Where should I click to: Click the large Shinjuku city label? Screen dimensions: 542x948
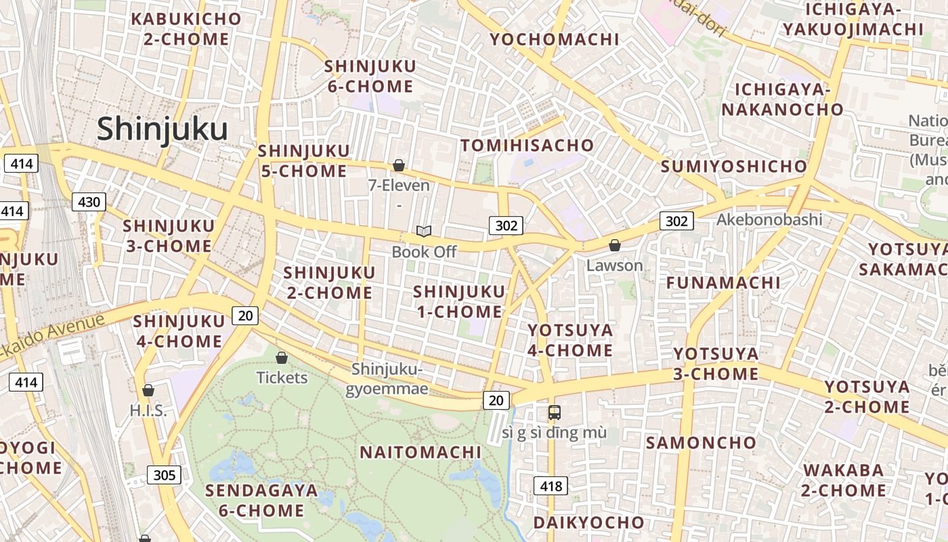click(162, 128)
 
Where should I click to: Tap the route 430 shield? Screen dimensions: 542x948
click(89, 202)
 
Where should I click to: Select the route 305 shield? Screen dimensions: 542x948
click(164, 475)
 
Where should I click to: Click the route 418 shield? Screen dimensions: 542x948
click(551, 485)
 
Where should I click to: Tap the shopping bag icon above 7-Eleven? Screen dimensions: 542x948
click(399, 165)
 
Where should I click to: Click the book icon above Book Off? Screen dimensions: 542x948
click(424, 232)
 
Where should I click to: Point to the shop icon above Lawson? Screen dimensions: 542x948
click(615, 245)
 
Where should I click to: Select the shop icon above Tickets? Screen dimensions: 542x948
click(282, 358)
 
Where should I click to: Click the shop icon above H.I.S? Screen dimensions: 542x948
click(148, 390)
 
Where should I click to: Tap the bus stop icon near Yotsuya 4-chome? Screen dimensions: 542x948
click(554, 412)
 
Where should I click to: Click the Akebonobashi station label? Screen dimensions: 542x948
click(769, 220)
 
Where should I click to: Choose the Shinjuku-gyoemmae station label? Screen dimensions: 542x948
click(387, 379)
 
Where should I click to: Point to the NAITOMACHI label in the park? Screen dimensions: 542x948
click(421, 453)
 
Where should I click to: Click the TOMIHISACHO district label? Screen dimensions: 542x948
click(527, 146)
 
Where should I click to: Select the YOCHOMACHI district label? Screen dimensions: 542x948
click(554, 39)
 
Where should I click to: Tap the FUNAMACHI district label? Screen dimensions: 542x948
click(723, 283)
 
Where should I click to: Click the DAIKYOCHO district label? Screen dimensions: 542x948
click(588, 522)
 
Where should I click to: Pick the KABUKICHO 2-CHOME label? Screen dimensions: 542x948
click(186, 29)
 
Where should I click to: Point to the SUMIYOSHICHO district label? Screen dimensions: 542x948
click(734, 167)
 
